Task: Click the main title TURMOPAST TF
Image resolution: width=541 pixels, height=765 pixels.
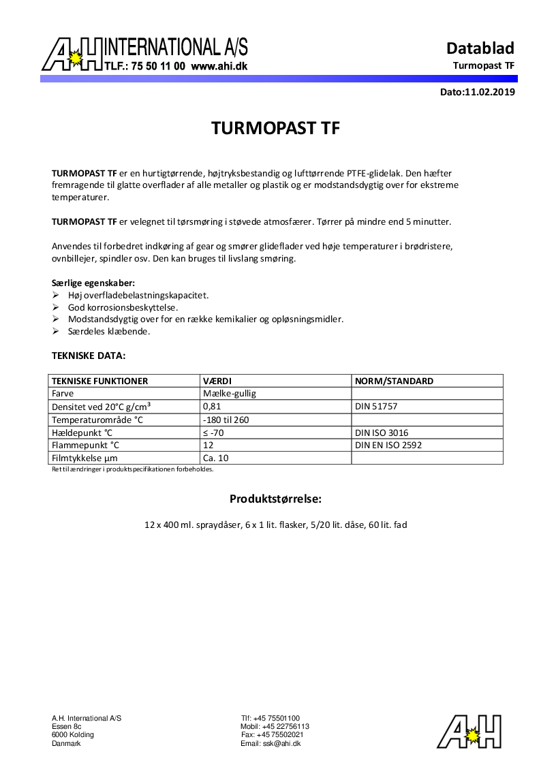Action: [x=275, y=129]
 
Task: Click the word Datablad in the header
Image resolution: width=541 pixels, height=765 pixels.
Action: [x=480, y=48]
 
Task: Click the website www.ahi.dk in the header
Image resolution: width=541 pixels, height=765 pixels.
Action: [x=219, y=67]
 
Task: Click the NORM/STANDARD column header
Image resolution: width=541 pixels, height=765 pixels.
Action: [x=394, y=381]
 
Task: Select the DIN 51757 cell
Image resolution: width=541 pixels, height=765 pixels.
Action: [x=376, y=406]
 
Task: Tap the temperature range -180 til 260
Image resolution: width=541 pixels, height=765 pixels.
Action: [x=226, y=420]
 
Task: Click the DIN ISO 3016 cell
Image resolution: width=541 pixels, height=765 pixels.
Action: [x=382, y=433]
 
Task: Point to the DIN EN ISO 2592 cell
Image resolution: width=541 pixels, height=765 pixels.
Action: [x=388, y=446]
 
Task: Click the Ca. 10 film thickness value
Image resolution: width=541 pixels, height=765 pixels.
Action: [x=215, y=458]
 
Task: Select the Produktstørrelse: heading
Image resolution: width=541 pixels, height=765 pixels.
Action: [x=275, y=499]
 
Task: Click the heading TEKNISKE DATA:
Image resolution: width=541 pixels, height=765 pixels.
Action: [x=89, y=356]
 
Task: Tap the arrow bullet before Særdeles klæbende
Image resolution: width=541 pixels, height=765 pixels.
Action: [x=56, y=332]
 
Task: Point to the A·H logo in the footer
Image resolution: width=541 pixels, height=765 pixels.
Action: [x=469, y=732]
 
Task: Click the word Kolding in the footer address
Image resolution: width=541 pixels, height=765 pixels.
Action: [x=82, y=735]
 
